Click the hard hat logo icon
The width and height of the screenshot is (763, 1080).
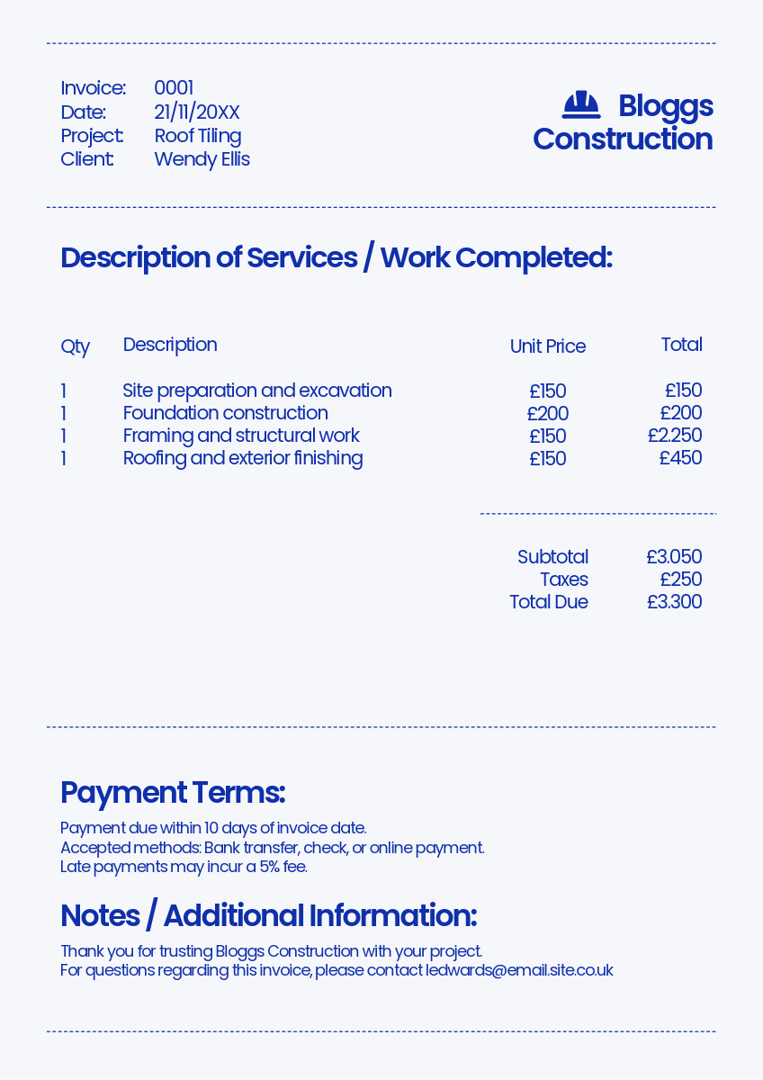coord(581,105)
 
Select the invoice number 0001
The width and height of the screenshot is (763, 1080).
coord(174,88)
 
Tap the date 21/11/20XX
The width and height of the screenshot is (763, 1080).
coord(196,112)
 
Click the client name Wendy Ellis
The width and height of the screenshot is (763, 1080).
coord(202,159)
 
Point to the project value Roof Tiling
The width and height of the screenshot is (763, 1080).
coord(197,136)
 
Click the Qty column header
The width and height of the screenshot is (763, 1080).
coord(75,346)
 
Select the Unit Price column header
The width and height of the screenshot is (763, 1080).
coord(547,346)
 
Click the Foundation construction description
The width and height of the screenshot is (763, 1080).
coord(225,413)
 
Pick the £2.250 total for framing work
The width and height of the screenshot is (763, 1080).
coord(674,436)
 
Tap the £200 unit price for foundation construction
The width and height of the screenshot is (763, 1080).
coord(547,414)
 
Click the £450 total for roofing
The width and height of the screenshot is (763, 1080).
coord(680,458)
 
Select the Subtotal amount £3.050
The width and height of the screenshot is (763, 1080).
coord(673,557)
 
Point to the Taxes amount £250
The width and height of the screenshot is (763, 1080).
coord(680,580)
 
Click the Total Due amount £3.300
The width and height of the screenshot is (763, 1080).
coord(674,602)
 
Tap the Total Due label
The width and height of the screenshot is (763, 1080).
coord(548,602)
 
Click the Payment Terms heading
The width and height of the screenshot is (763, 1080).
coord(172,793)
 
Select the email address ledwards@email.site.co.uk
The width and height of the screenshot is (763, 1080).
coord(519,970)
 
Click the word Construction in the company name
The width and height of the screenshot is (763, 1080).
coord(623,139)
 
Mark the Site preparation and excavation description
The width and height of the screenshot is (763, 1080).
coord(257,391)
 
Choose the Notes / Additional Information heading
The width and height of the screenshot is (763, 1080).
coord(268,915)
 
